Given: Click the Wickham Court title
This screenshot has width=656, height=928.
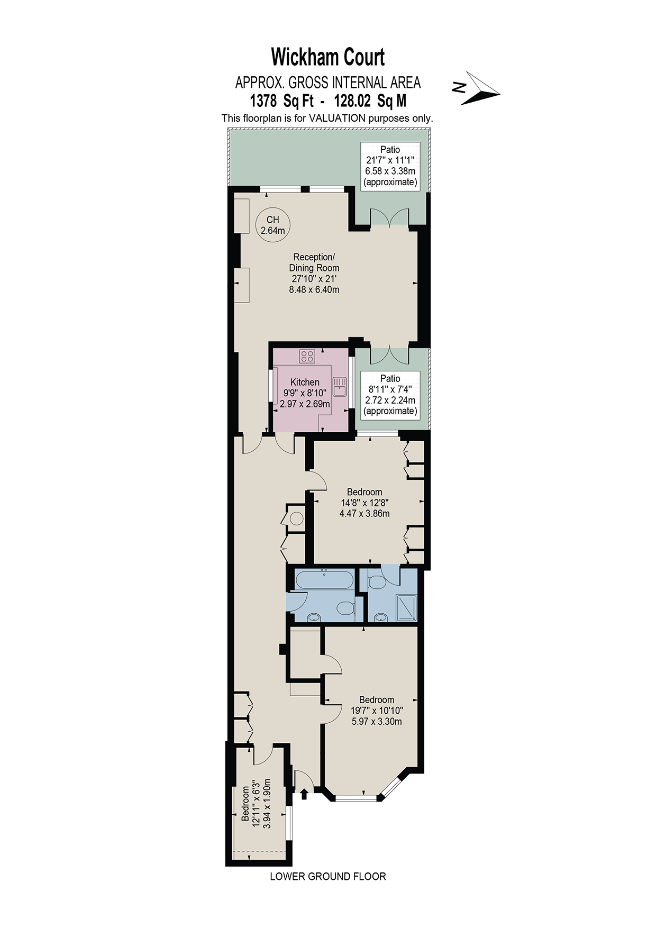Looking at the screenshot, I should [327, 57].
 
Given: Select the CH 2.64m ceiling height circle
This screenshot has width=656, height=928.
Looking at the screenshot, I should [272, 225].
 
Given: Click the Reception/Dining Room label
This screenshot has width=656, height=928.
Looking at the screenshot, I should [314, 273].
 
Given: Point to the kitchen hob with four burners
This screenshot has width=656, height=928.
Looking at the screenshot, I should [307, 356].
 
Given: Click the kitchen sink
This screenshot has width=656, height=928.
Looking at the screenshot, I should [339, 386].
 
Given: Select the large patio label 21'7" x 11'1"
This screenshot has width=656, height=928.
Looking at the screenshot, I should [390, 166].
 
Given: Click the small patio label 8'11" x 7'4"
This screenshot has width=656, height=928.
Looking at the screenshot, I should [390, 395].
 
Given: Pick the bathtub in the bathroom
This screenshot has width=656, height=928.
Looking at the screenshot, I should [324, 580].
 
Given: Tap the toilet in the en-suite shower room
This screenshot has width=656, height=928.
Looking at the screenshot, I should [378, 582].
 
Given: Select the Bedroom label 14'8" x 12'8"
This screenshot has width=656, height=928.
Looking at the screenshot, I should [365, 503].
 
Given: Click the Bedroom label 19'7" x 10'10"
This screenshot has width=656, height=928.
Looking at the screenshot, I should [376, 711].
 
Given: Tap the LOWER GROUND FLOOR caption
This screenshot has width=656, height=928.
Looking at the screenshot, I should [327, 876].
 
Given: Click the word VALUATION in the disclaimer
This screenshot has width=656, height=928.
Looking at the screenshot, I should [337, 118].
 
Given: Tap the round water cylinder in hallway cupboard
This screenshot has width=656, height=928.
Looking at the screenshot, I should [297, 519].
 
